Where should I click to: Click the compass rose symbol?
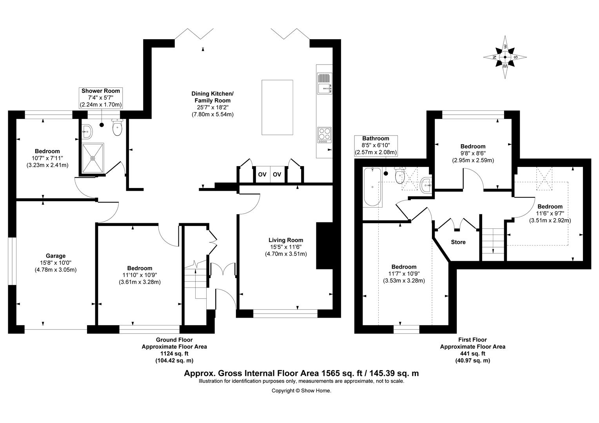click(x=505, y=57)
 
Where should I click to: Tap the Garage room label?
click(x=55, y=256)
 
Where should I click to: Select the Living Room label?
click(x=285, y=240)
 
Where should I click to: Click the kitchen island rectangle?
click(x=277, y=107)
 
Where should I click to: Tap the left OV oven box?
click(x=262, y=174)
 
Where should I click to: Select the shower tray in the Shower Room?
click(x=93, y=158)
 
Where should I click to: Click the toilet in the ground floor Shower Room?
click(x=117, y=128)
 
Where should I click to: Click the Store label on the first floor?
click(x=458, y=242)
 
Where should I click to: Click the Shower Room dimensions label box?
click(x=101, y=98)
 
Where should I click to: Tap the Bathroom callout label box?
click(x=376, y=145)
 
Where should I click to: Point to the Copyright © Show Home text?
click(x=301, y=390)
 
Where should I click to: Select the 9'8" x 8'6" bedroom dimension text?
click(x=473, y=153)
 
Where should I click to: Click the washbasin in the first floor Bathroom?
click(x=426, y=185)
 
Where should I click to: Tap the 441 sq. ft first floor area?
click(x=472, y=354)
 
